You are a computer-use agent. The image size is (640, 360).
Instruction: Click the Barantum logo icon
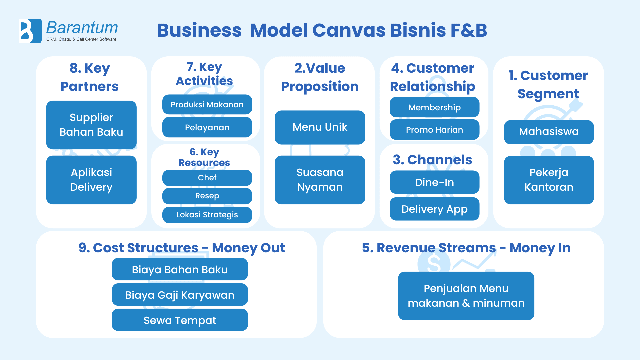point(30,31)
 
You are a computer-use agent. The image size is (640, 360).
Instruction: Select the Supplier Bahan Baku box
point(91,125)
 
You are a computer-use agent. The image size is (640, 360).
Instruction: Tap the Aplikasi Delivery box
point(91,180)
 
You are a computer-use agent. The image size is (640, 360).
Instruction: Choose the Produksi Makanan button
point(207,105)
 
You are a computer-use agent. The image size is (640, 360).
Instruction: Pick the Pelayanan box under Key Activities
point(207,127)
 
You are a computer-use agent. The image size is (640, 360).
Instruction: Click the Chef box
point(207,178)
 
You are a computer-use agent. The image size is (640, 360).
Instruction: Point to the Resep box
point(207,196)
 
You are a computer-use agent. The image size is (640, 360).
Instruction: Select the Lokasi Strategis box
point(207,215)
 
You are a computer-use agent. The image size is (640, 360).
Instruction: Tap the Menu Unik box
point(320,127)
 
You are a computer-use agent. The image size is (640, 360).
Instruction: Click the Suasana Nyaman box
point(320,180)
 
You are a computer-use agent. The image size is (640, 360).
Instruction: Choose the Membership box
point(434,107)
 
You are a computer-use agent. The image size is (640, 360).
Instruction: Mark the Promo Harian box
point(434,130)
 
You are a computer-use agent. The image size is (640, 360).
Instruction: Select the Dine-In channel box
point(434,182)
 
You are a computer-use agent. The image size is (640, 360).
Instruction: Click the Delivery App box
point(434,209)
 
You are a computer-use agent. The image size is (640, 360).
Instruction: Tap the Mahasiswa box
point(549,132)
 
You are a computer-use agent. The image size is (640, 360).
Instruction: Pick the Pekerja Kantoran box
point(549,180)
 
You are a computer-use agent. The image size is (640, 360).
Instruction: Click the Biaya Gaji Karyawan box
point(180,295)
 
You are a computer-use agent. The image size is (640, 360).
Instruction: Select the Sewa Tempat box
point(180,320)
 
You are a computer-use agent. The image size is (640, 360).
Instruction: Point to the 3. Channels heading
point(432,160)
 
